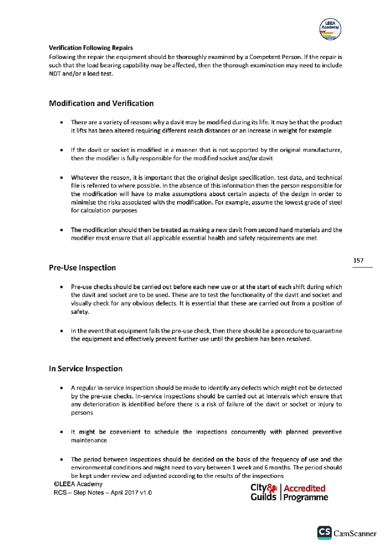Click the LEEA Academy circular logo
pyautogui.click(x=330, y=29)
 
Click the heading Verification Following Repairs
pyautogui.click(x=91, y=48)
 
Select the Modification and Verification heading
pyautogui.click(x=101, y=104)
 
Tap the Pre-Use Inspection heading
pyautogui.click(x=82, y=268)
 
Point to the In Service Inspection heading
pyautogui.click(x=86, y=369)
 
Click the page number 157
pyautogui.click(x=358, y=260)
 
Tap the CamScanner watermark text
pyautogui.click(x=355, y=533)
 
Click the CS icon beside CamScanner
pyautogui.click(x=324, y=532)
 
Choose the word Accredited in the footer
pyautogui.click(x=304, y=488)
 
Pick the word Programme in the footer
pyautogui.click(x=306, y=497)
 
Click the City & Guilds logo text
pyautogui.click(x=263, y=492)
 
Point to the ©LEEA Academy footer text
pyautogui.click(x=78, y=484)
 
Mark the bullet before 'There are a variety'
pyautogui.click(x=61, y=123)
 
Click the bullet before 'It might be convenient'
pyautogui.click(x=61, y=432)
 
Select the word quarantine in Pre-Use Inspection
pyautogui.click(x=327, y=331)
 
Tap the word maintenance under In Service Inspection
pyautogui.click(x=89, y=441)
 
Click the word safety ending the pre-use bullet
pyautogui.click(x=79, y=312)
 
